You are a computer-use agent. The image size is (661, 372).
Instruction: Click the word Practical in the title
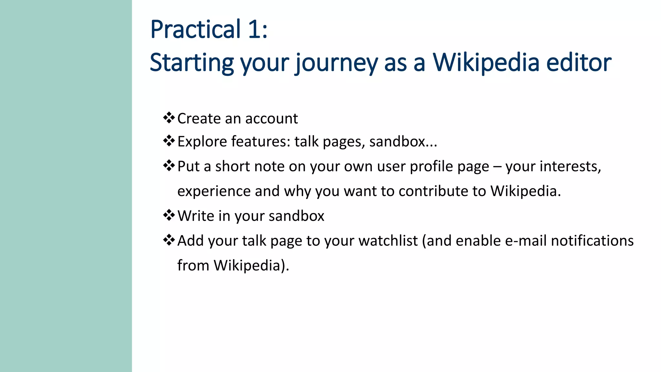pos(196,30)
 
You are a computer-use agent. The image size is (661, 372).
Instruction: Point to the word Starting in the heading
pos(192,63)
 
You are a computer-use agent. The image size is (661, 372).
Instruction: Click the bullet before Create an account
pos(169,118)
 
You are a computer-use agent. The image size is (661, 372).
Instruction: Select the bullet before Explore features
pos(169,141)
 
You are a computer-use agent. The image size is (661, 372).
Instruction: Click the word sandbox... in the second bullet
pos(403,142)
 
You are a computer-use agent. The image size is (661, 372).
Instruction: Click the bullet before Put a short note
pos(169,166)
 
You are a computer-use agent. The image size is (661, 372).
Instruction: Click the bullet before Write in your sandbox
pos(169,215)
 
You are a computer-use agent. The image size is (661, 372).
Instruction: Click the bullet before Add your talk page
pos(169,240)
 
